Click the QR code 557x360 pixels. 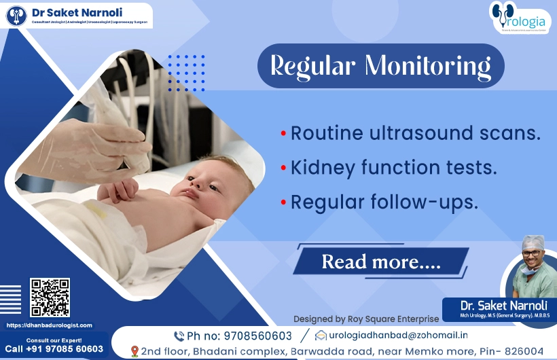tap(50, 298)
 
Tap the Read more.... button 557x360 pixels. tap(381, 262)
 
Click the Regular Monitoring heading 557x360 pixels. tap(380, 66)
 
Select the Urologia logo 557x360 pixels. tap(520, 18)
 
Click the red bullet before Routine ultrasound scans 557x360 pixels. tap(283, 133)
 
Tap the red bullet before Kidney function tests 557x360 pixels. tap(283, 168)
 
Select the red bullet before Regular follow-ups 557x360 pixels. tap(283, 202)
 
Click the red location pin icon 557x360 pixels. tap(134, 351)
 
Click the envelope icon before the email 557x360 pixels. tap(321, 336)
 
